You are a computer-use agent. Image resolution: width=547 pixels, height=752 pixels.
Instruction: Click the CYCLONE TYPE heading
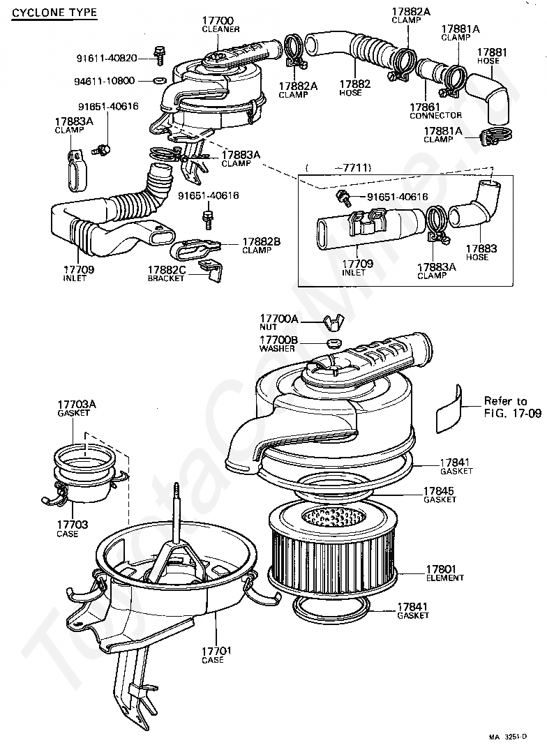pos(54,13)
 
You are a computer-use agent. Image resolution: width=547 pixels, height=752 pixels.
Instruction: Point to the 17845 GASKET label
pos(440,495)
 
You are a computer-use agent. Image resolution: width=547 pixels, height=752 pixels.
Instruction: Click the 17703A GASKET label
pos(76,408)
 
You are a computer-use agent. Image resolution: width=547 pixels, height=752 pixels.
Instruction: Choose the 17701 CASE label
pos(216,655)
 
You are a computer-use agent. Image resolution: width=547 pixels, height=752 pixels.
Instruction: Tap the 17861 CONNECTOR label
pos(435,112)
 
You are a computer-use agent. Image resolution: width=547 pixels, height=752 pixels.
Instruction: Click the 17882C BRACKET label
pos(166,274)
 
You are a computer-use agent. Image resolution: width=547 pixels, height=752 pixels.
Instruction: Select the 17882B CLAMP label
pos(261,246)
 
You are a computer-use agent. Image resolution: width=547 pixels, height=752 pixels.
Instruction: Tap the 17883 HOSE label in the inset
pos(481,253)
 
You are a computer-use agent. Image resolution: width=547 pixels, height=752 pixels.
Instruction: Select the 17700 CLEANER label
pos(220,24)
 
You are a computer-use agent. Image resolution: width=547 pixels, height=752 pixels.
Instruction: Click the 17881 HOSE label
pos(491,56)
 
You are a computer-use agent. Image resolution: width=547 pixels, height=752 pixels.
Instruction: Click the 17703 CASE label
pos(72,529)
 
